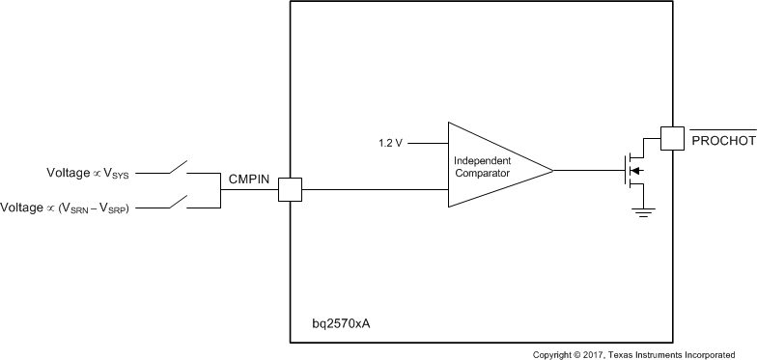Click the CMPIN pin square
pyautogui.click(x=290, y=189)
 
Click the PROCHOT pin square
pyautogui.click(x=671, y=139)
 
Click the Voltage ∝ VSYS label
pyautogui.click(x=101, y=174)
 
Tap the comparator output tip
pyautogui.click(x=551, y=172)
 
